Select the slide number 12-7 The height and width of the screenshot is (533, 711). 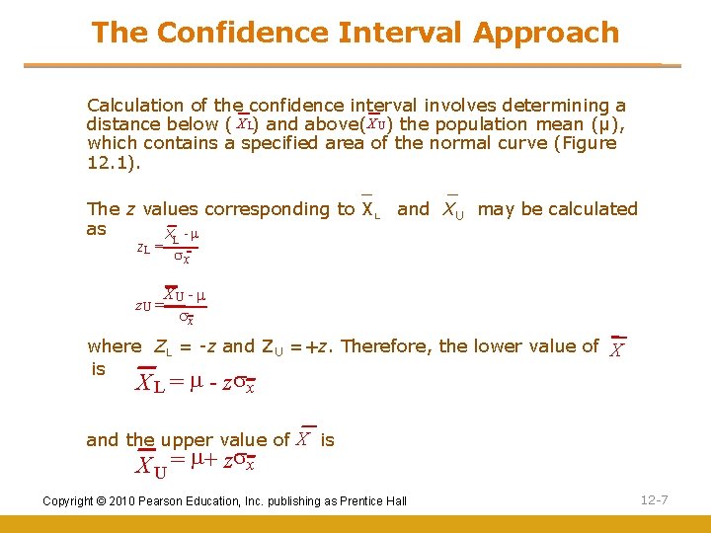coord(654,500)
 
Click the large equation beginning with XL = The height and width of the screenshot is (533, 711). coord(196,382)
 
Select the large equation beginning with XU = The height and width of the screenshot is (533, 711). coord(196,462)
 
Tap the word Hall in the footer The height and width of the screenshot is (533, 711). coord(395,501)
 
